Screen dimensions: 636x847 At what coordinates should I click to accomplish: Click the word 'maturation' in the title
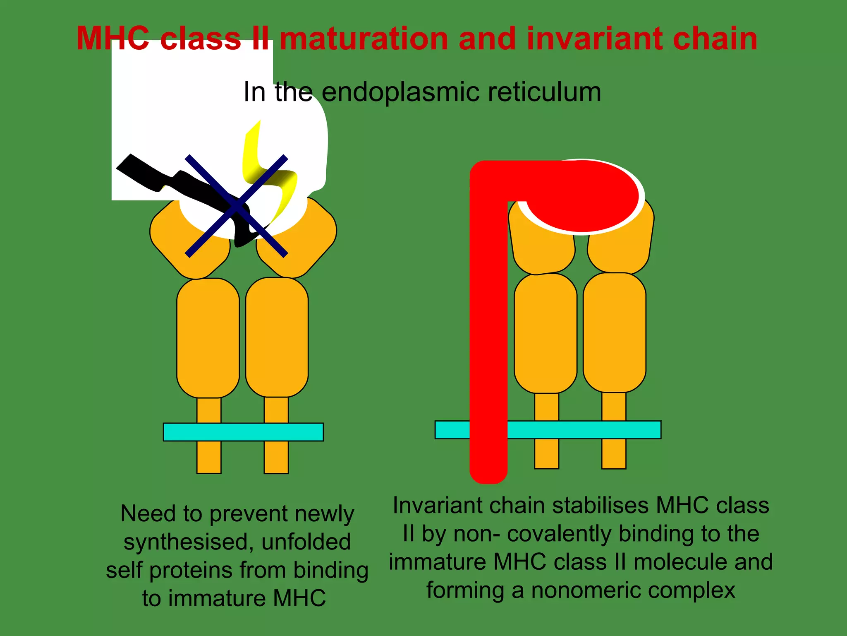tap(364, 39)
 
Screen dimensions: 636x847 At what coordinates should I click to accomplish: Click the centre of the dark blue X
tap(236, 206)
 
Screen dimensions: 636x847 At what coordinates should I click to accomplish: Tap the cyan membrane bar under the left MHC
tap(243, 432)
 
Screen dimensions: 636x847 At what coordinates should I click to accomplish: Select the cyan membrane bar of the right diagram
tap(583, 430)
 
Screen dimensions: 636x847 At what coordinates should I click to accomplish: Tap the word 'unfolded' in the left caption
tap(306, 542)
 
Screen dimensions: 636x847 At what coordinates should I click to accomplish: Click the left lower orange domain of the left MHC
tap(208, 337)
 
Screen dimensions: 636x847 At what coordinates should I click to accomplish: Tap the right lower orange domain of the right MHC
tap(615, 332)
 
